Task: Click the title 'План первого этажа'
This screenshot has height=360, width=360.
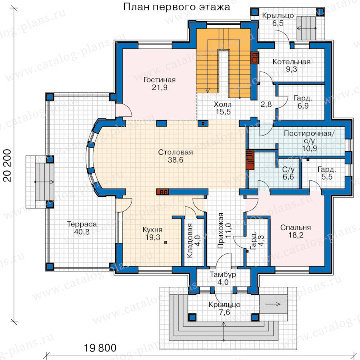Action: pos(176,7)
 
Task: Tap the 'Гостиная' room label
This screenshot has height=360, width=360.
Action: pos(160,80)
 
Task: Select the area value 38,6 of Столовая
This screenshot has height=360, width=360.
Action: pos(176,160)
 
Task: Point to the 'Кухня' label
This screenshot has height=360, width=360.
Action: pos(152,230)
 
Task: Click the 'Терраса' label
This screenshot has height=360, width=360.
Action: pos(82,224)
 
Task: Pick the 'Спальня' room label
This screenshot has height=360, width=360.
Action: pos(296,227)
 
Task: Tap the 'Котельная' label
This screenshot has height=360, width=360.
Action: pos(292,62)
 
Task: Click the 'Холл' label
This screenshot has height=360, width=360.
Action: pos(223,104)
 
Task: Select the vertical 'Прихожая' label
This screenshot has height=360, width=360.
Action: pos(220,231)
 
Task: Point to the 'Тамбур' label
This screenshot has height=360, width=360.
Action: pos(223,274)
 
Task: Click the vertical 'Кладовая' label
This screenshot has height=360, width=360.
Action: pos(190,240)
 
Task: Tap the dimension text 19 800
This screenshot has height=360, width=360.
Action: pos(100,348)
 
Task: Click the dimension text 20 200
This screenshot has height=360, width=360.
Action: pos(8,165)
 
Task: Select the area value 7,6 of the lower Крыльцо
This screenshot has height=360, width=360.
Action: pos(224,312)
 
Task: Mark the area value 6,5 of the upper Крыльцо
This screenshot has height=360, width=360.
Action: pos(278,23)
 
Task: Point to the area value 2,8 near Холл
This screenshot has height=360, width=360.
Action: pos(266,104)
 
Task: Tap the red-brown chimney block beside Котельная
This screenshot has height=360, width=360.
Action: pos(255,57)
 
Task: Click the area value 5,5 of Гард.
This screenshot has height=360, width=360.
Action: pos(327,177)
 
